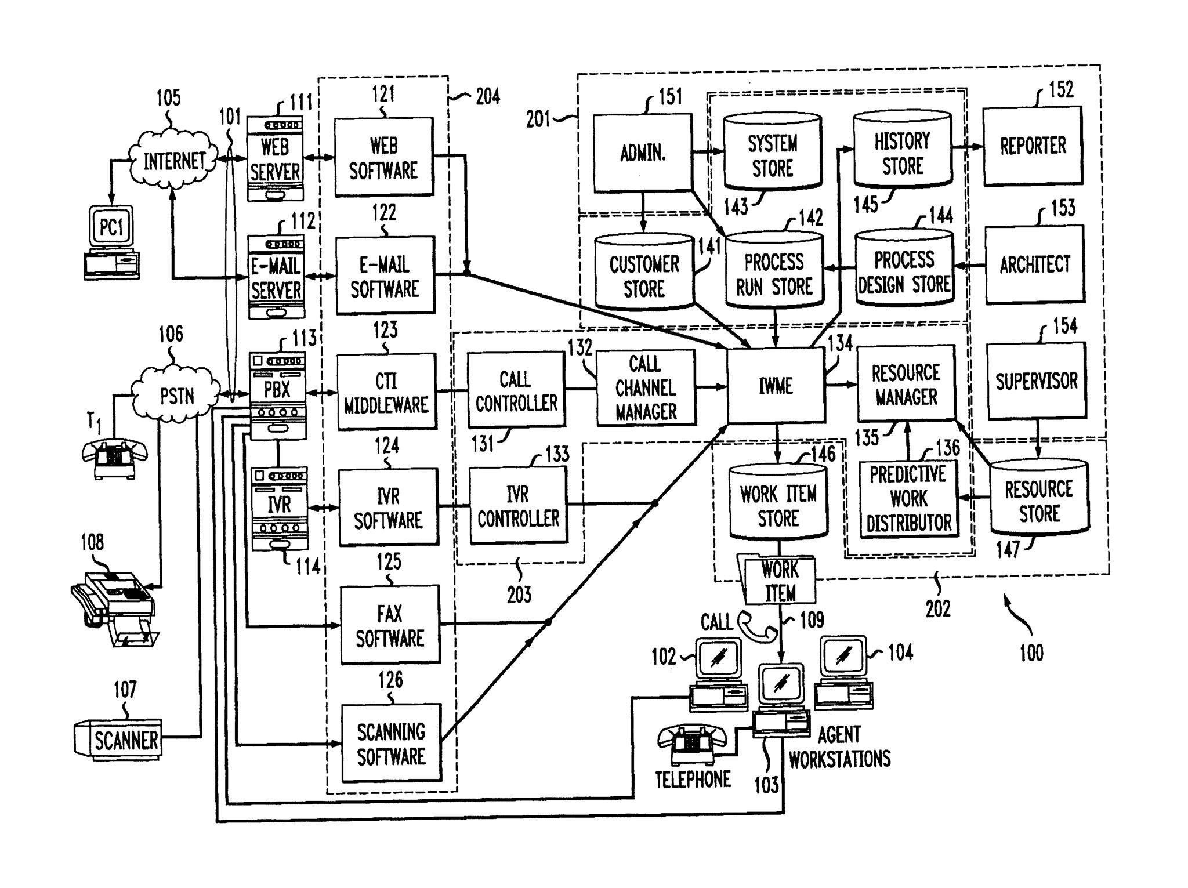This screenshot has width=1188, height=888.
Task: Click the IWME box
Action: (x=776, y=385)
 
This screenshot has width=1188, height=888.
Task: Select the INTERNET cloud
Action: (x=173, y=160)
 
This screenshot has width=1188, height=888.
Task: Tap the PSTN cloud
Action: (x=176, y=396)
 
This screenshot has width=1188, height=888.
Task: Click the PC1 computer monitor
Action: (x=111, y=227)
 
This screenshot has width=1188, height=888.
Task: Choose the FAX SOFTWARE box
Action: (x=389, y=625)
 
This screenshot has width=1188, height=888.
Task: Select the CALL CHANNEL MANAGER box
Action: (x=645, y=387)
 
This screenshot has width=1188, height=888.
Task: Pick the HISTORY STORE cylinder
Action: (x=902, y=152)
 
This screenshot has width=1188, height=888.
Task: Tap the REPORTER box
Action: (x=1033, y=146)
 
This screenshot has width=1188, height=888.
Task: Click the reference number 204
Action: (x=488, y=96)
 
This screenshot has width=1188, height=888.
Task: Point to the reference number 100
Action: (x=1031, y=653)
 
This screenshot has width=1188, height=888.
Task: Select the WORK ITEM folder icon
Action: (x=778, y=581)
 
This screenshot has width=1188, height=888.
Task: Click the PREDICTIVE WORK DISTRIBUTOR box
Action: (x=908, y=498)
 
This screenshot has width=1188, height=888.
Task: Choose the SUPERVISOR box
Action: (x=1036, y=380)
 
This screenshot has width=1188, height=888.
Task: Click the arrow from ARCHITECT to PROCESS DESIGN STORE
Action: (x=970, y=266)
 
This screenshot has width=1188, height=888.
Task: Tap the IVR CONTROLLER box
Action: (x=518, y=506)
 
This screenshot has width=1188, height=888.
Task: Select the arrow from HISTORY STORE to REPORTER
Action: (x=968, y=147)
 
